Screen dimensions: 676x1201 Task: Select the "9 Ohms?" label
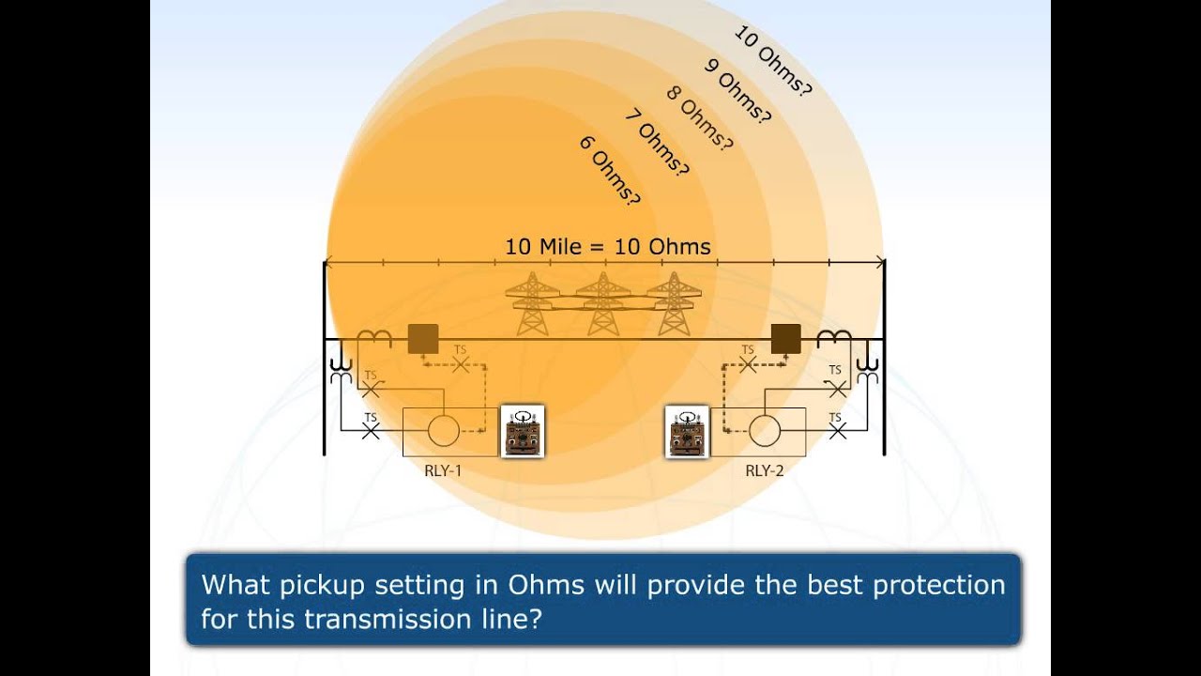737,92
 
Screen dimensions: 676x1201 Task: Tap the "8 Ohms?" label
698,118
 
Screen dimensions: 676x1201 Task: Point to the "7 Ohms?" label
656,144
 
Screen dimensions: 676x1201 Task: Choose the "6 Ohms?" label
610,170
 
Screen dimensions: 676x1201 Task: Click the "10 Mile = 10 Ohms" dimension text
607,247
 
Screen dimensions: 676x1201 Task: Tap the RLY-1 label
443,470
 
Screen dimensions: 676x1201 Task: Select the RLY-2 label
764,470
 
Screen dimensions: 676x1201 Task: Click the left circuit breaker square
423,338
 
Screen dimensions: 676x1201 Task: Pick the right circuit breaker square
785,338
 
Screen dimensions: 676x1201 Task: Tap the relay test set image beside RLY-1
523,431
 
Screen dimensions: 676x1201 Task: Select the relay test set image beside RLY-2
688,431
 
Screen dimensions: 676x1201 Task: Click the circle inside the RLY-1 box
443,431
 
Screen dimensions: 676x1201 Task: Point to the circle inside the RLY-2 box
764,431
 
